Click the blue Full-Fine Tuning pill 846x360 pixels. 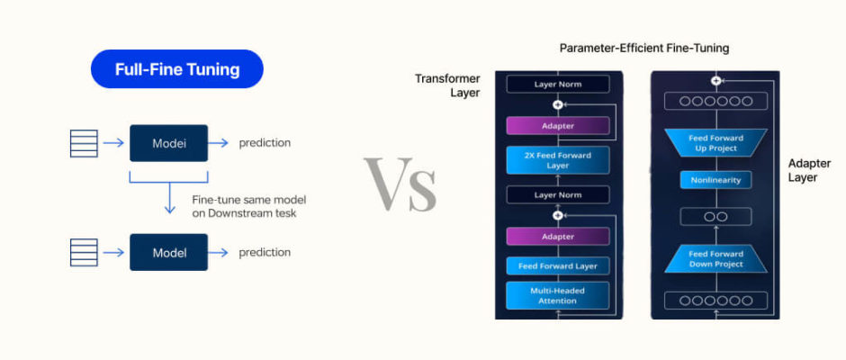tap(177, 69)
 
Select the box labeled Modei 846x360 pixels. tap(169, 143)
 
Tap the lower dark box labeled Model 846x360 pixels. tap(169, 252)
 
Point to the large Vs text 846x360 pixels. tap(400, 184)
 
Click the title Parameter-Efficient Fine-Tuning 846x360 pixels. tap(644, 48)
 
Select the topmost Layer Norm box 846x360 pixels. tap(558, 85)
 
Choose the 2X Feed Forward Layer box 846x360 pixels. tap(558, 160)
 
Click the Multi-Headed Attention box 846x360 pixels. tap(558, 295)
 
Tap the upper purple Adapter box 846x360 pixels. tap(558, 126)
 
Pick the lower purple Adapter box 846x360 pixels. tap(558, 237)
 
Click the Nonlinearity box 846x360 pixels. tap(715, 180)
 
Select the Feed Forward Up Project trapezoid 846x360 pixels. tap(715, 143)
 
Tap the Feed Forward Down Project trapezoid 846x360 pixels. tap(715, 259)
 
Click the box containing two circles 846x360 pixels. tap(715, 216)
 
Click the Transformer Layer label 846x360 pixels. tap(447, 85)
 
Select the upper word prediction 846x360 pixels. tap(265, 143)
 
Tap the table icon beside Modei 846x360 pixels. tap(84, 143)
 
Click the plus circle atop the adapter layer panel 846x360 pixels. tap(715, 80)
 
